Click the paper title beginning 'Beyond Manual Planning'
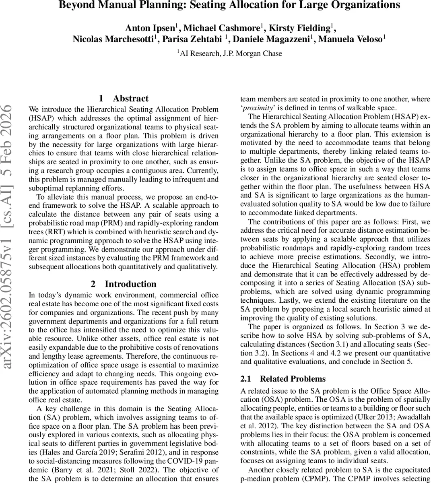[x=229, y=5]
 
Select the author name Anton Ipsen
[x=149, y=28]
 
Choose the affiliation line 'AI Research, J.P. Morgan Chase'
[x=231, y=54]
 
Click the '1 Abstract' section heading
[x=124, y=99]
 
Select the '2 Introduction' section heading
[x=124, y=284]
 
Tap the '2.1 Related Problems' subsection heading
[x=283, y=379]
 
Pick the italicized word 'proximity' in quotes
[x=258, y=107]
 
